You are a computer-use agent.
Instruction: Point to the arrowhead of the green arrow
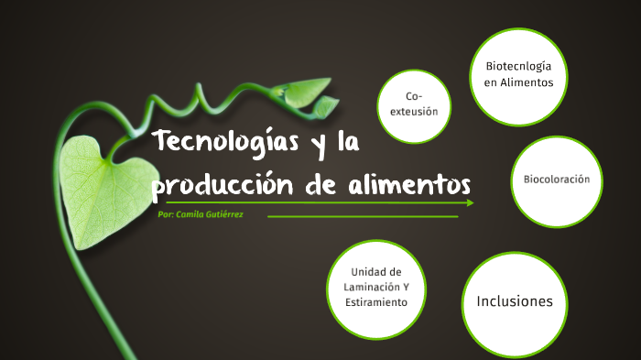pos(470,202)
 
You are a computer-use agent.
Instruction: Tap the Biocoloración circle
pos(562,179)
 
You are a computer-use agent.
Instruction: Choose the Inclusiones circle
pos(515,300)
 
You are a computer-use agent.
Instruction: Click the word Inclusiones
pos(515,300)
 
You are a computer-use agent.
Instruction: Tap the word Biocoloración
pos(562,179)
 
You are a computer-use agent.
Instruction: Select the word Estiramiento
pos(378,302)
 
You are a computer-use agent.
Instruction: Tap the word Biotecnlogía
pos(518,66)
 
